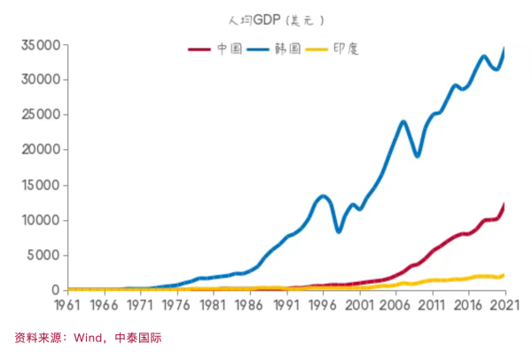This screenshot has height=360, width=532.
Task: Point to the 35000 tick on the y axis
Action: [41, 45]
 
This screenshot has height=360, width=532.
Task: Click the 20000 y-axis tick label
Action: [41, 150]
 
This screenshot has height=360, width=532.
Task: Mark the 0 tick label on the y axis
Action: [56, 290]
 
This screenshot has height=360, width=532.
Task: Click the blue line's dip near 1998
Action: [338, 231]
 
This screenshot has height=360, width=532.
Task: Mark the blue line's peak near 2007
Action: [403, 121]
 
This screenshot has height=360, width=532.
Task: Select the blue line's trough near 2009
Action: [418, 155]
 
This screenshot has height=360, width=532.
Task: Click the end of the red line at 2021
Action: [504, 205]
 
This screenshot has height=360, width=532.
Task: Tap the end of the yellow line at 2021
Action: [504, 275]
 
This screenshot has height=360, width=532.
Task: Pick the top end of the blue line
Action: [505, 50]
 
